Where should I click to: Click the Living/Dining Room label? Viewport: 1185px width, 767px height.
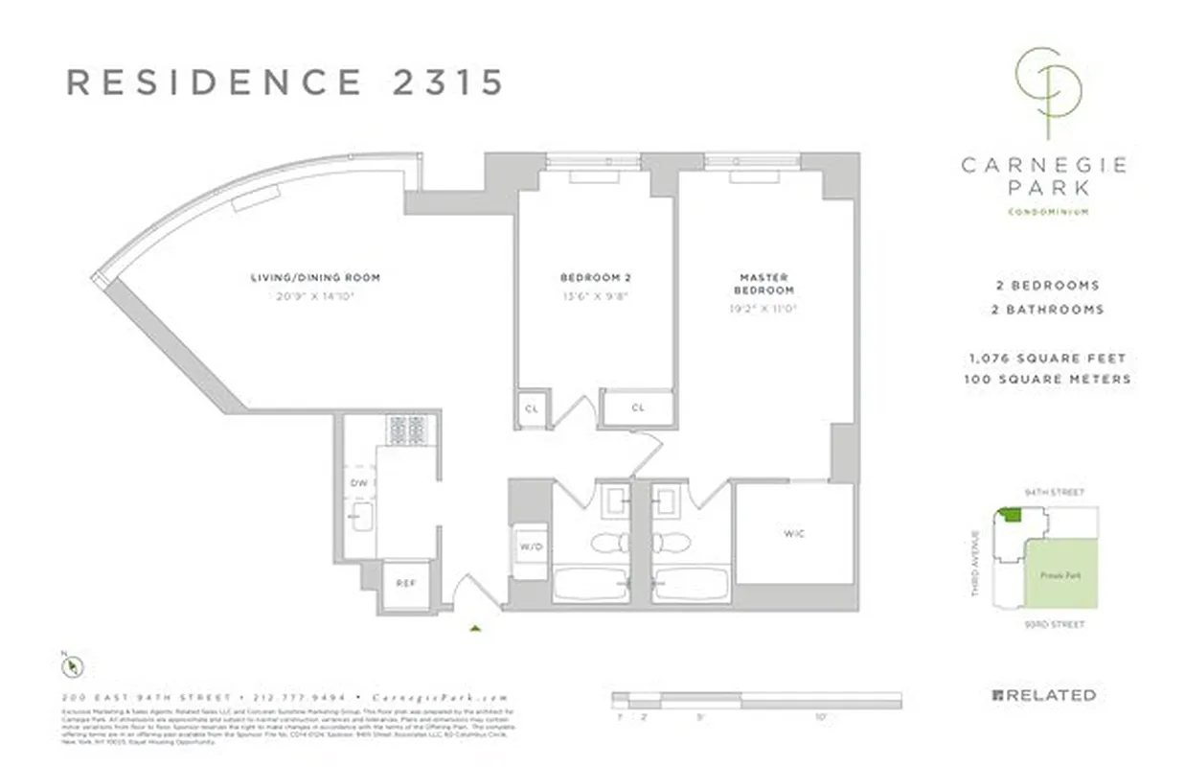(315, 278)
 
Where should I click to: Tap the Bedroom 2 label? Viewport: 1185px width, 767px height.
(581, 278)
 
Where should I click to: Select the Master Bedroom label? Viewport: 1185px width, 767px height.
(763, 284)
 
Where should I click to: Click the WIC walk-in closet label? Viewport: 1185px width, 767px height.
(793, 533)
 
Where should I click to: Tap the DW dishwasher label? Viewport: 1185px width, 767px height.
(358, 483)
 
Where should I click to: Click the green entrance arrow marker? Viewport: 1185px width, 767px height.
(475, 629)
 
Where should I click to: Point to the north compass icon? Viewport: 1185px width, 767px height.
(72, 664)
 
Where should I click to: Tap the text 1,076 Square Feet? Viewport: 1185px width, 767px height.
(1047, 359)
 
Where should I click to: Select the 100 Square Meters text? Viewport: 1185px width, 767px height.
(1047, 379)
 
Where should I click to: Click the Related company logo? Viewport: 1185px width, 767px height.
(1043, 695)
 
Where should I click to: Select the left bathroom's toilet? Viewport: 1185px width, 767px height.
(606, 544)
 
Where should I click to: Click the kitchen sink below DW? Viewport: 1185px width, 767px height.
(361, 519)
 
